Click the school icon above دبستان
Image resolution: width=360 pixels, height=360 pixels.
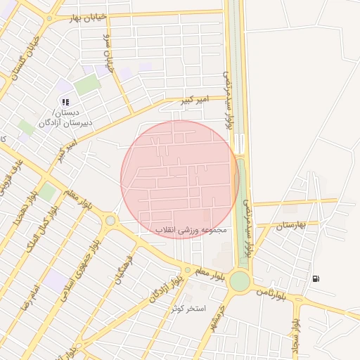[x=65, y=103]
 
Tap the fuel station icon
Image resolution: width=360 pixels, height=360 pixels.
[x=316, y=278]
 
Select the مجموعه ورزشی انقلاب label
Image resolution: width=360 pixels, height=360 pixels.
[x=192, y=230]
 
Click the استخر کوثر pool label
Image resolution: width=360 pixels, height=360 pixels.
[x=188, y=308]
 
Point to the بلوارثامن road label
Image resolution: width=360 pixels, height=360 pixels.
[x=270, y=290]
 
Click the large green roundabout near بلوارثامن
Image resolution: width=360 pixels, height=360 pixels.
[x=239, y=281]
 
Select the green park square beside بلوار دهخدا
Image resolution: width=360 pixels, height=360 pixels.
[x=47, y=191]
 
